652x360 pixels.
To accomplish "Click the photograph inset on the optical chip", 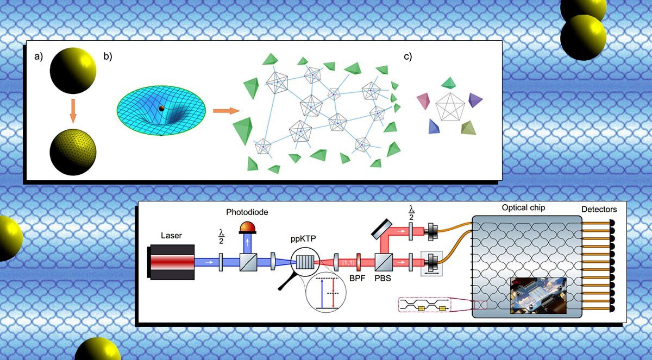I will coord(537,296).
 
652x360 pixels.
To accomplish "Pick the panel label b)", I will coord(108,57).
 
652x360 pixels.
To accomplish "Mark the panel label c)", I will coord(407,57).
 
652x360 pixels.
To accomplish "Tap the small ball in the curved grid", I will coord(161,109).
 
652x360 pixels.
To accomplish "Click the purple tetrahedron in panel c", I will coord(475,100).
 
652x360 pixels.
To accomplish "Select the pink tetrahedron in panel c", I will coord(424,100).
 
